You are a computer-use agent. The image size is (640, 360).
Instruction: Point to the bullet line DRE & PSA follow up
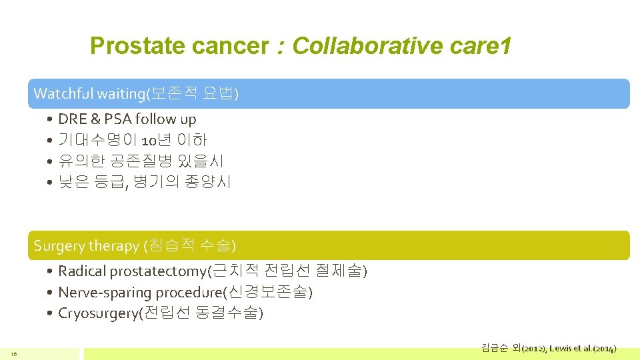click(127, 119)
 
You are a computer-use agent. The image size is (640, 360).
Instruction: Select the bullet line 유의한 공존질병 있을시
click(141, 161)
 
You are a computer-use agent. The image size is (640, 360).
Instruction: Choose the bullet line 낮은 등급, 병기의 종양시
click(144, 182)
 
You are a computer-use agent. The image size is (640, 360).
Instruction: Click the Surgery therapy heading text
click(87, 246)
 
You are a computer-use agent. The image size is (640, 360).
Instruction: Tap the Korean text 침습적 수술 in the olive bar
click(189, 246)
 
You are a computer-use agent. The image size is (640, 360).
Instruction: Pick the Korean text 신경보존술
click(268, 293)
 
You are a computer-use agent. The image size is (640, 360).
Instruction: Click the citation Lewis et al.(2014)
click(574, 349)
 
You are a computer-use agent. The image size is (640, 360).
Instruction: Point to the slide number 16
click(14, 353)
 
